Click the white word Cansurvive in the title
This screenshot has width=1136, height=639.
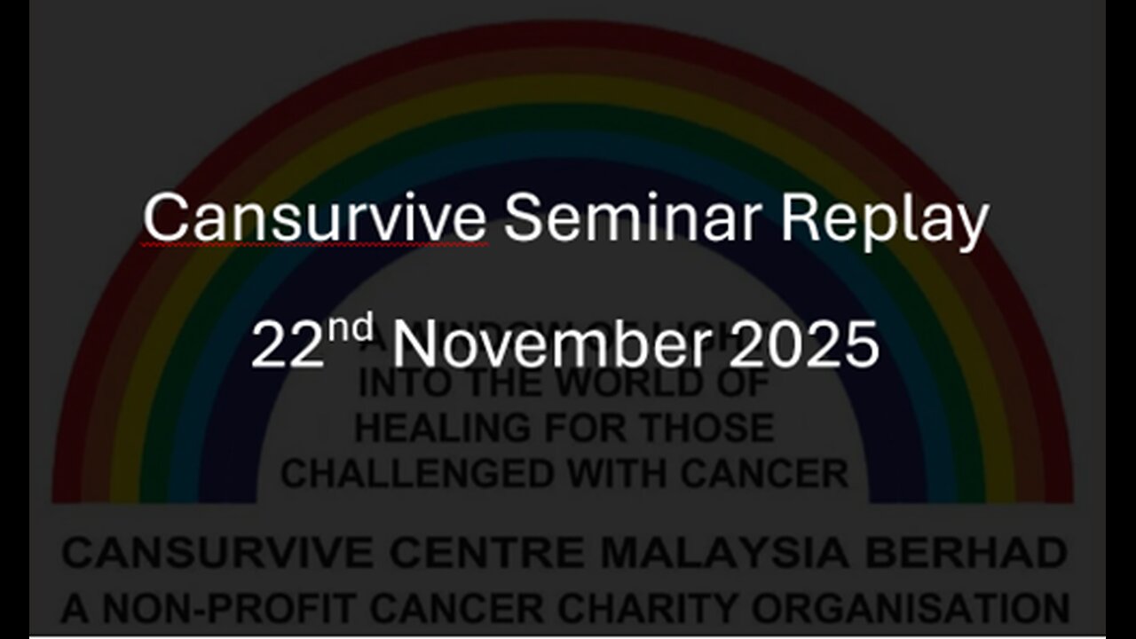click(315, 219)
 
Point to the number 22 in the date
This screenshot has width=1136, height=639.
click(284, 345)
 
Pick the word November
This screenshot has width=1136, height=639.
click(551, 345)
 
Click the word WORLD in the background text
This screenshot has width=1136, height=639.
click(682, 383)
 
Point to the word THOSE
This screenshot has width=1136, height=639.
click(709, 429)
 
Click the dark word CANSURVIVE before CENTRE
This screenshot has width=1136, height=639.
click(218, 554)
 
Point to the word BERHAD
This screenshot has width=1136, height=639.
click(966, 554)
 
